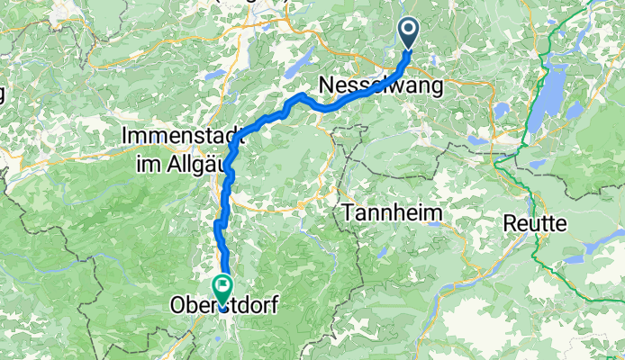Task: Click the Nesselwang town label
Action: [381, 86]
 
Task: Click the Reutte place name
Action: [535, 222]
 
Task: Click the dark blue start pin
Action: [409, 34]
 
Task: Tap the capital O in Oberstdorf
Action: [177, 306]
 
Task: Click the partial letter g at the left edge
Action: [3, 94]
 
